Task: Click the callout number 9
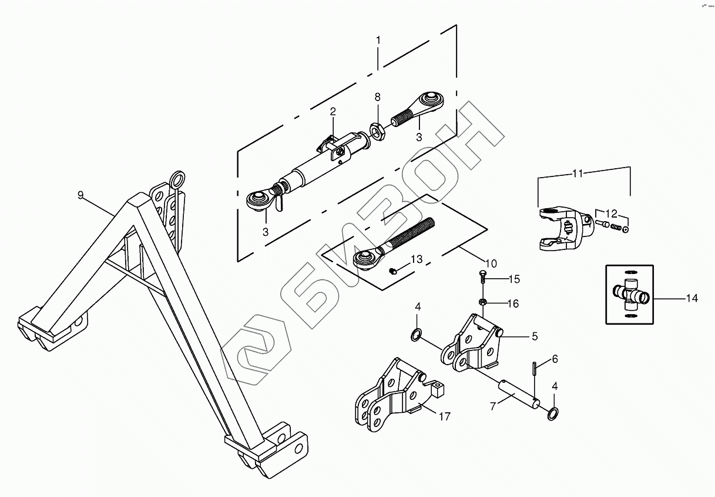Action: (x=80, y=195)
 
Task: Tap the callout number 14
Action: (x=691, y=299)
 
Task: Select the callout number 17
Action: (x=444, y=416)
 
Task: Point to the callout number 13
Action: (x=416, y=259)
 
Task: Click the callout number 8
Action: (x=377, y=96)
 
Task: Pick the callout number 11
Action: (x=578, y=174)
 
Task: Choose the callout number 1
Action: (x=378, y=41)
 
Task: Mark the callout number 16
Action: (x=513, y=303)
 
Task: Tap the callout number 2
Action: (x=333, y=111)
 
